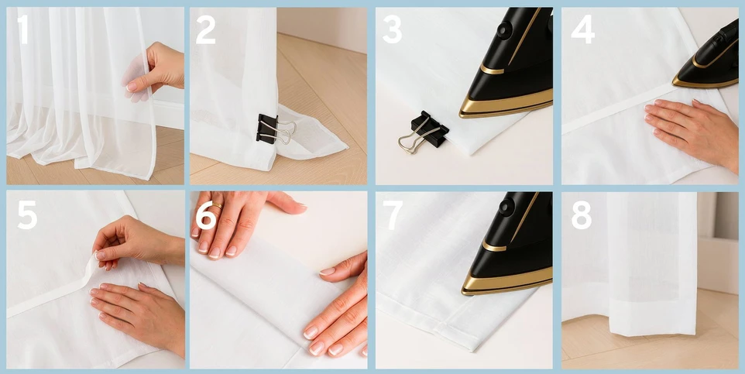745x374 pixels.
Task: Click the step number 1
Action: (22, 29)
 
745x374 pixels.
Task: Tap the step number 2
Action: (205, 29)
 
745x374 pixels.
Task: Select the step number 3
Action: (392, 29)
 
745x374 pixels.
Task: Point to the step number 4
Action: (582, 29)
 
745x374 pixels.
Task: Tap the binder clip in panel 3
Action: (424, 132)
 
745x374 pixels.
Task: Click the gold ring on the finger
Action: (217, 205)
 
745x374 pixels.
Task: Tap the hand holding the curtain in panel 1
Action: (154, 71)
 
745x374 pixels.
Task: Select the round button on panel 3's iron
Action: (505, 29)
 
